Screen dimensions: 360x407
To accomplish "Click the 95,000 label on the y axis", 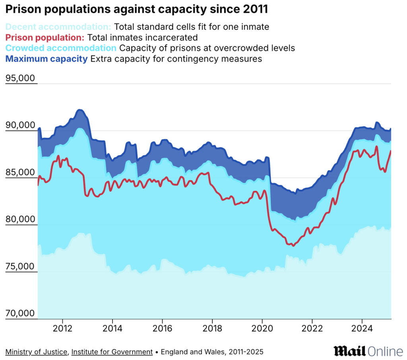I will (x=20, y=78).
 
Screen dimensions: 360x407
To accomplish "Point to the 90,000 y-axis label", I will (x=20, y=125).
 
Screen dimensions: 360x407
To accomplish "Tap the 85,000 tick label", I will (x=20, y=172).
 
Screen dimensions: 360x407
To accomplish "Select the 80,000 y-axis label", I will (x=20, y=219).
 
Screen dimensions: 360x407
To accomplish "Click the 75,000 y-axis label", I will (x=20, y=267).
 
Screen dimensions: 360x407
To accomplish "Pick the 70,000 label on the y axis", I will (x=20, y=314).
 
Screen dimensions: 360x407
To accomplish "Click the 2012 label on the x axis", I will (x=62, y=329).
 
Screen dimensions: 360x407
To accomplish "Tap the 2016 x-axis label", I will (x=162, y=329).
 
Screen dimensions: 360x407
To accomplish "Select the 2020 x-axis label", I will (x=262, y=329).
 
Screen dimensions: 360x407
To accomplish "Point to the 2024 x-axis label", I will (x=362, y=329).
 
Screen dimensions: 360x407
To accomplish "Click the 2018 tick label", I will (x=212, y=329).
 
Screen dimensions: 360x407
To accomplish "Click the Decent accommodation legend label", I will (x=58, y=27).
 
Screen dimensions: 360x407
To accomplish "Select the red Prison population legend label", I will (x=45, y=38).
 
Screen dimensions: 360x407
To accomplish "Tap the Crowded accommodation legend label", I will (x=61, y=48).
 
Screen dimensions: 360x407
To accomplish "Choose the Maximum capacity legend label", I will (x=47, y=59).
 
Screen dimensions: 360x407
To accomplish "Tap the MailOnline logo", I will (x=368, y=351).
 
